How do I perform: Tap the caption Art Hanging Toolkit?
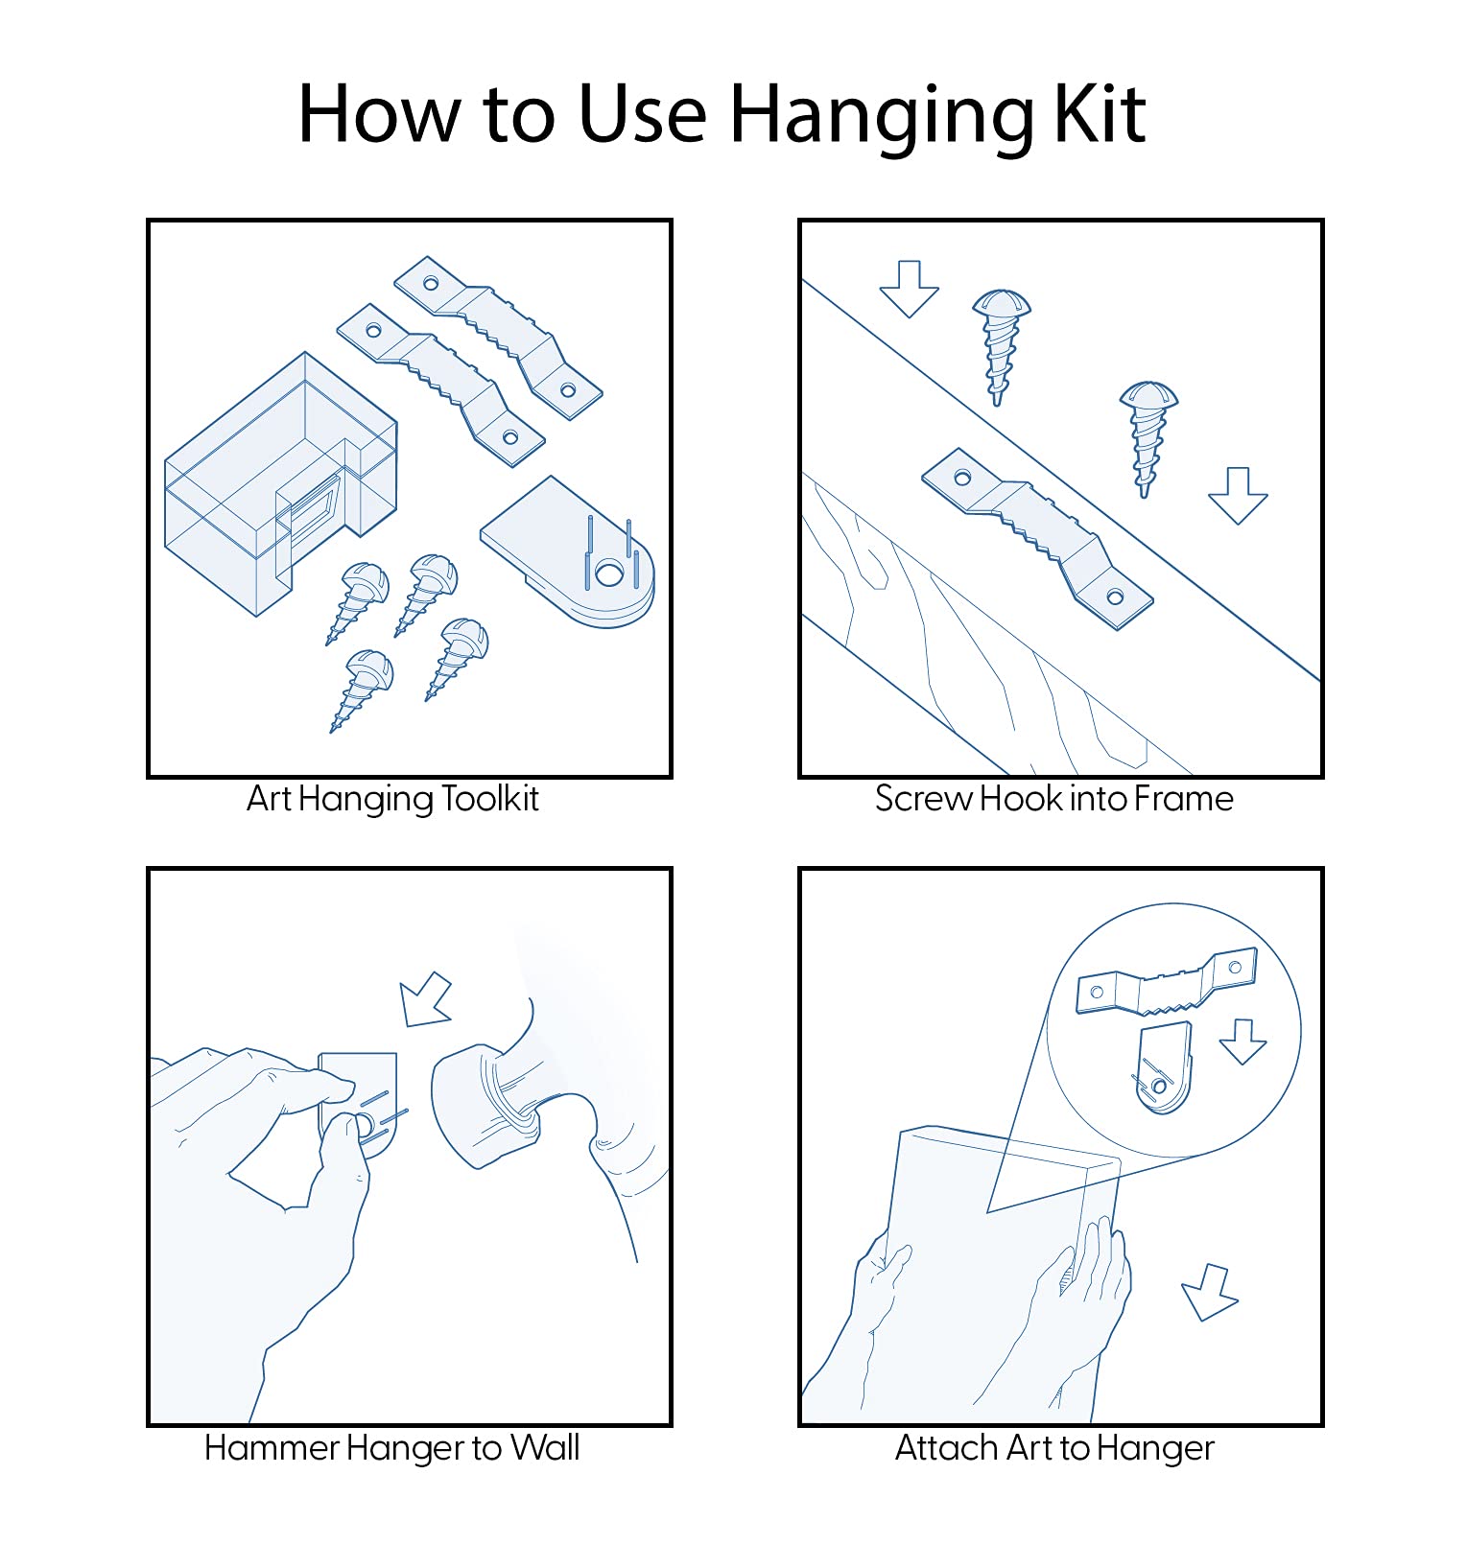coord(392,799)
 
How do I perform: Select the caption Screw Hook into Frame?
coord(1053,798)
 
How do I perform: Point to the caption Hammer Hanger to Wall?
coord(391,1447)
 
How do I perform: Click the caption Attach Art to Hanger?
coord(1054,1447)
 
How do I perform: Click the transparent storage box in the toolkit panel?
coord(280,484)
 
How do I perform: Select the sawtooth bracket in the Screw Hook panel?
coord(1037,537)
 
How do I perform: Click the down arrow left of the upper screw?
coord(909,289)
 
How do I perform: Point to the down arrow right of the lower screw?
coord(1238,496)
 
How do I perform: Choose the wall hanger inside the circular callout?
coord(1163,1068)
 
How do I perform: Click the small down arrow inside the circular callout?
coord(1242,1041)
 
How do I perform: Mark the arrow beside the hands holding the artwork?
coord(1209,1292)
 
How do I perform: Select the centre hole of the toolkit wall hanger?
coord(608,573)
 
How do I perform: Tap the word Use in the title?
coord(642,114)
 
